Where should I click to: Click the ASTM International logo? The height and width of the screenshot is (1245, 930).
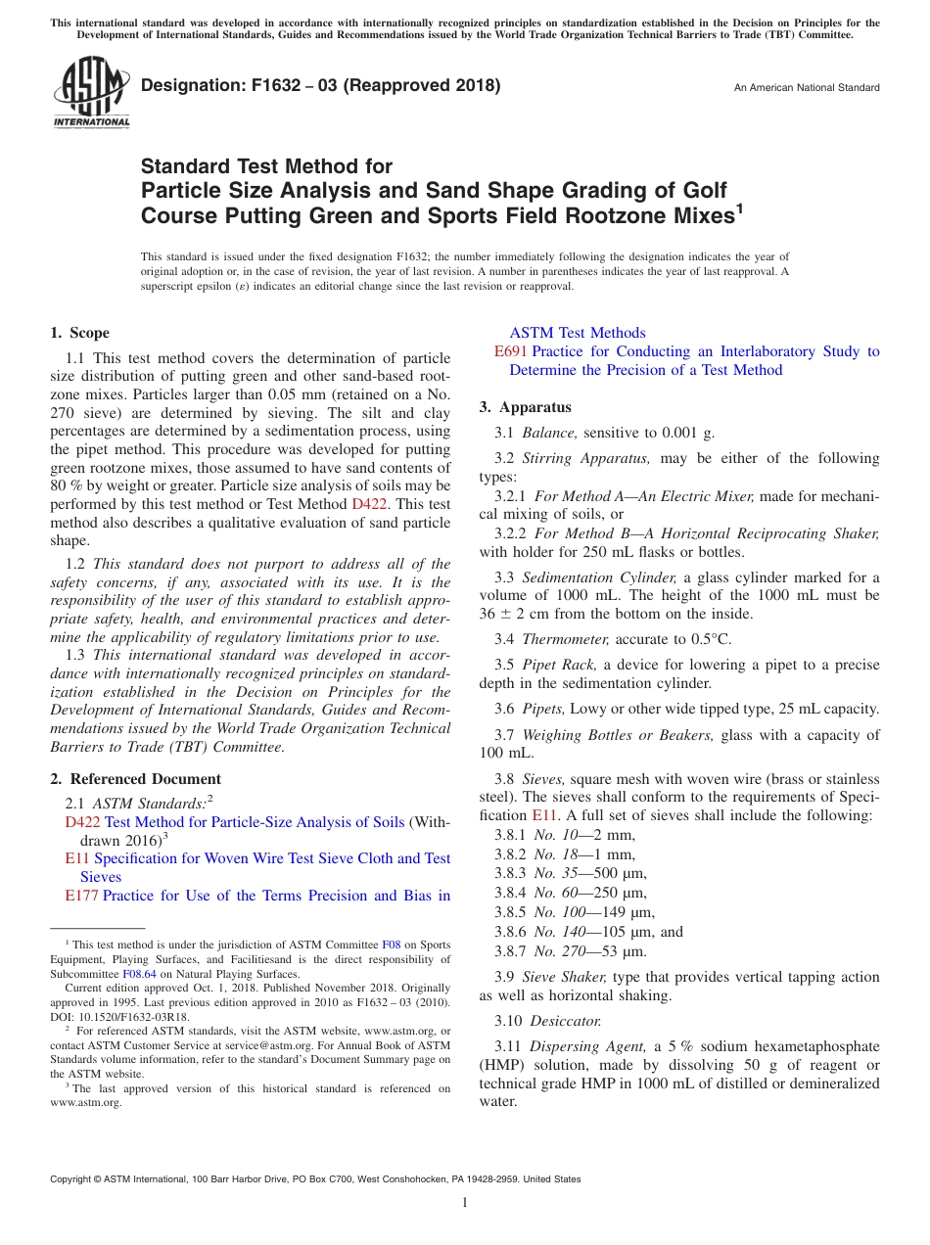point(90,94)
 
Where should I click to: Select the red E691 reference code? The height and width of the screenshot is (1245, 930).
point(511,351)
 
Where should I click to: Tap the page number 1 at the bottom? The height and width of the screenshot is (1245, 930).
point(465,1203)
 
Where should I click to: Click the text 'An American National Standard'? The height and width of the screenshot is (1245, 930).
point(806,88)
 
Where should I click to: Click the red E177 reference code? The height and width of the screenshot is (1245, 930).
point(81,896)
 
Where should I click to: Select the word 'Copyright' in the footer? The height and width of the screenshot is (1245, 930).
point(73,1180)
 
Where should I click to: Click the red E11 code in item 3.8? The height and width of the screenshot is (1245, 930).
point(543,815)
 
